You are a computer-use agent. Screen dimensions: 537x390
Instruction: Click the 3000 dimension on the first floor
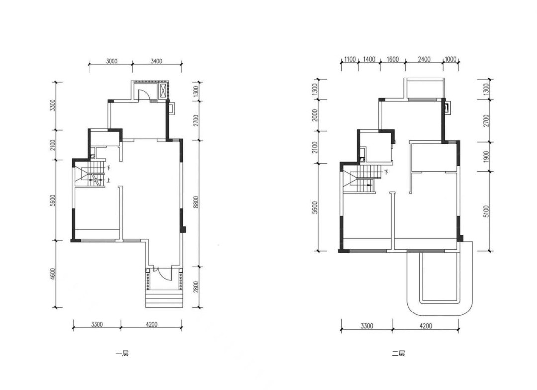tap(112, 61)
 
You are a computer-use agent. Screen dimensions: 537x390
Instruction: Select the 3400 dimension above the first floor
tap(156, 61)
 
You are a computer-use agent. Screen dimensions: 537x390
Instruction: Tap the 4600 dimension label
tap(52, 274)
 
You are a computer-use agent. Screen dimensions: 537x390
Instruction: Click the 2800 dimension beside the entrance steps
tap(196, 287)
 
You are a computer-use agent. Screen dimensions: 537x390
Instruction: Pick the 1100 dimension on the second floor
tap(350, 59)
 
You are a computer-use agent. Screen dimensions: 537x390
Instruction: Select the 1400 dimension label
tap(369, 59)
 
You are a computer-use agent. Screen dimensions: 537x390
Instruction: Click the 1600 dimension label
tap(393, 59)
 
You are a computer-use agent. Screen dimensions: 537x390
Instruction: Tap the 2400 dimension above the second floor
tap(424, 59)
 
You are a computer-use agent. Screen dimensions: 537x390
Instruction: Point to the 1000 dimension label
tap(450, 59)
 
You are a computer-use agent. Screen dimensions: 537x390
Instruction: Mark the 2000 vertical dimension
tap(315, 115)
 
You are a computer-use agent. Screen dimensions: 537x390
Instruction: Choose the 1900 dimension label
tap(487, 156)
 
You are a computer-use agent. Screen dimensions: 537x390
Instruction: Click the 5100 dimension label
tap(487, 212)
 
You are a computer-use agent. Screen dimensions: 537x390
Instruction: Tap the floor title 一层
tap(122, 353)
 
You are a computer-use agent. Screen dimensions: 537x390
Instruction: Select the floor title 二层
tap(399, 353)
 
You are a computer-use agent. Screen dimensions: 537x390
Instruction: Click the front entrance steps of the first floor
tap(164, 299)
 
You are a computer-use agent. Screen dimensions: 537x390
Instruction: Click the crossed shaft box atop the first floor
tap(163, 90)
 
